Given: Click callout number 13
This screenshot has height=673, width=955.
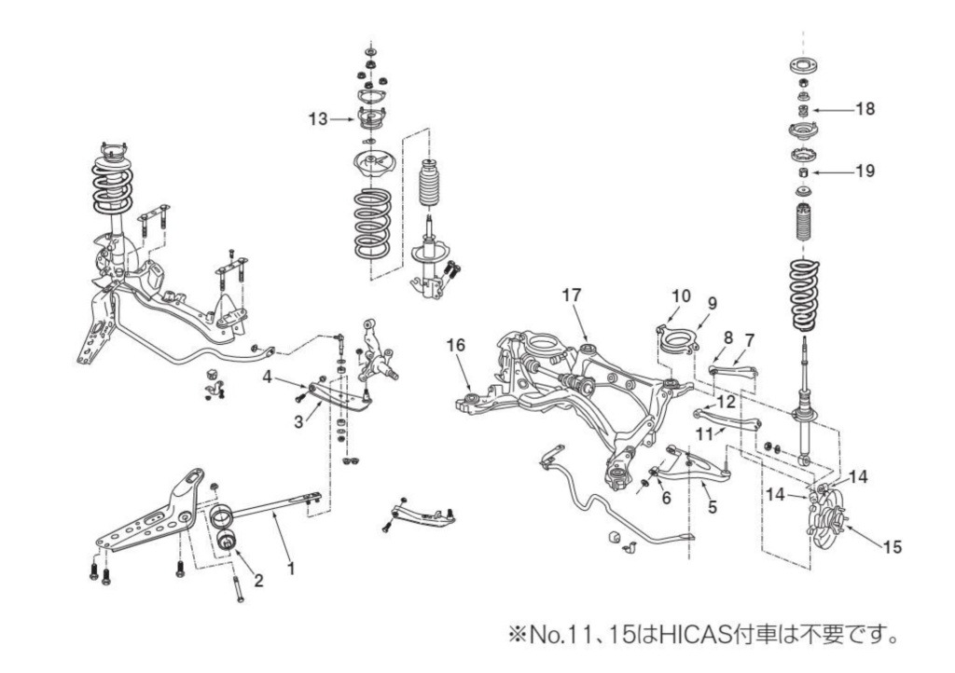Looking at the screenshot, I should (x=318, y=118).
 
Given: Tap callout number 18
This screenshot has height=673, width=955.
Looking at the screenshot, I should (x=865, y=109).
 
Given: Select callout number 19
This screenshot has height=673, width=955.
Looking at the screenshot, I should (x=865, y=172).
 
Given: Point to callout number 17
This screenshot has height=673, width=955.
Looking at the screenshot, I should (x=572, y=295).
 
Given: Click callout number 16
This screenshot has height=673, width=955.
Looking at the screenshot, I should (x=455, y=345).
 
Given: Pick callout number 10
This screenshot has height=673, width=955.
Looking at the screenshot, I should (x=681, y=295).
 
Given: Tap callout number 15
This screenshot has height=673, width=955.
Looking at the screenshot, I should (x=892, y=547).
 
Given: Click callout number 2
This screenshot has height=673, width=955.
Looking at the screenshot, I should (x=258, y=581).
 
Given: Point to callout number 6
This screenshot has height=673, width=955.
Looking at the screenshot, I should (x=666, y=499).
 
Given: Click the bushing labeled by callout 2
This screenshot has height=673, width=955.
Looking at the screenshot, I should (x=226, y=542).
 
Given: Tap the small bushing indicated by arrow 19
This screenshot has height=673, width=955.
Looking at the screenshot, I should (x=801, y=172).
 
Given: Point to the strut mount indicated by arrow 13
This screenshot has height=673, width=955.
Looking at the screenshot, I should (x=370, y=119).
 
